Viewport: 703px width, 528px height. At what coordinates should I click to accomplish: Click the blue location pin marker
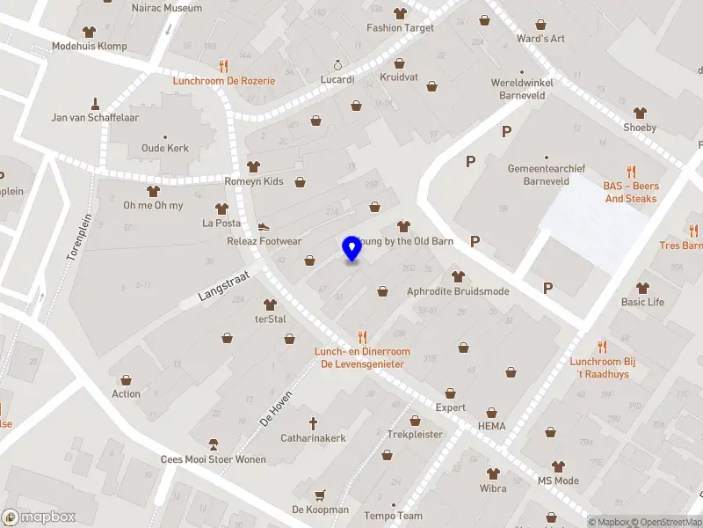coord(352,249)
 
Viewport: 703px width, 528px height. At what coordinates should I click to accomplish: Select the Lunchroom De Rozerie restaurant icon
coord(223,65)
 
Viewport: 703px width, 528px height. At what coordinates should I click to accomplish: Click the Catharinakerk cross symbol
coord(313,423)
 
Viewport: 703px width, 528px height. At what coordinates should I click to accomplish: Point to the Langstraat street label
coord(224,287)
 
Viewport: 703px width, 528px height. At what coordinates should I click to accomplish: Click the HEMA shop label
coord(492,426)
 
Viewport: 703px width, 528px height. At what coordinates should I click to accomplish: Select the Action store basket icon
coord(126,379)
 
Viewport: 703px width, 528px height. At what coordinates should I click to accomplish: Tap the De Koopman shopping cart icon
coord(320,495)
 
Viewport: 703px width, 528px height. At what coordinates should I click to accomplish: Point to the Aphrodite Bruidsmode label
coord(458,291)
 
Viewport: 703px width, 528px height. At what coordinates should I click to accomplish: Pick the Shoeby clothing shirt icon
coord(640,113)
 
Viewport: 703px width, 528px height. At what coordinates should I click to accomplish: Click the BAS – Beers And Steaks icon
coord(631,172)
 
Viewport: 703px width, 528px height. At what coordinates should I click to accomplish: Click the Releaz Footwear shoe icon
coord(263,226)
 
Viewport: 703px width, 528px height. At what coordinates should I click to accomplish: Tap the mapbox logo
coord(39,517)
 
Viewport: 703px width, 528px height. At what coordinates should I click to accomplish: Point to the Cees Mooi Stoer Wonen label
coord(213,459)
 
